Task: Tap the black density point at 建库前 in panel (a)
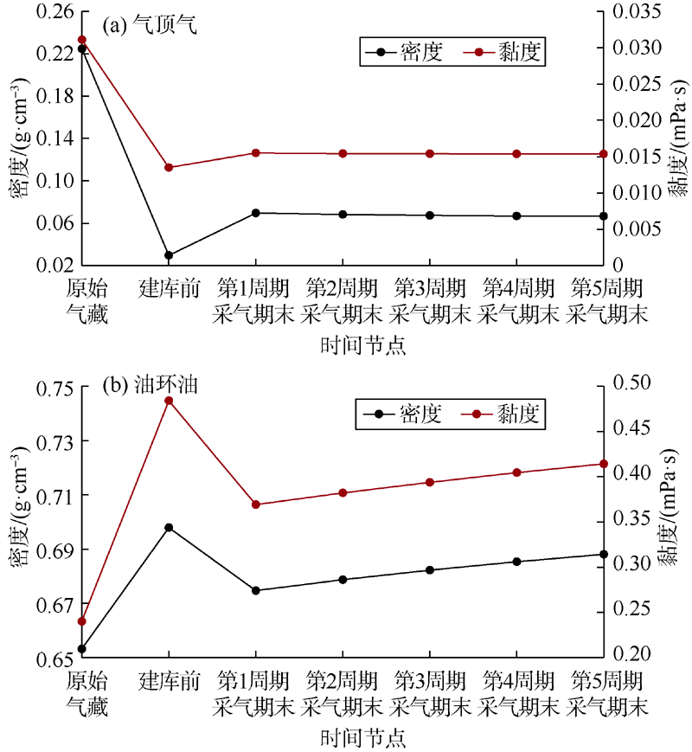169,255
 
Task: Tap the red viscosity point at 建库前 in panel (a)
169,167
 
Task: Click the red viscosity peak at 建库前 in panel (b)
169,401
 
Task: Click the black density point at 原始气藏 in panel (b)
81,649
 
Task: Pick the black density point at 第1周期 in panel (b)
256,590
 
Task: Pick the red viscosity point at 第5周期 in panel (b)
604,464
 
